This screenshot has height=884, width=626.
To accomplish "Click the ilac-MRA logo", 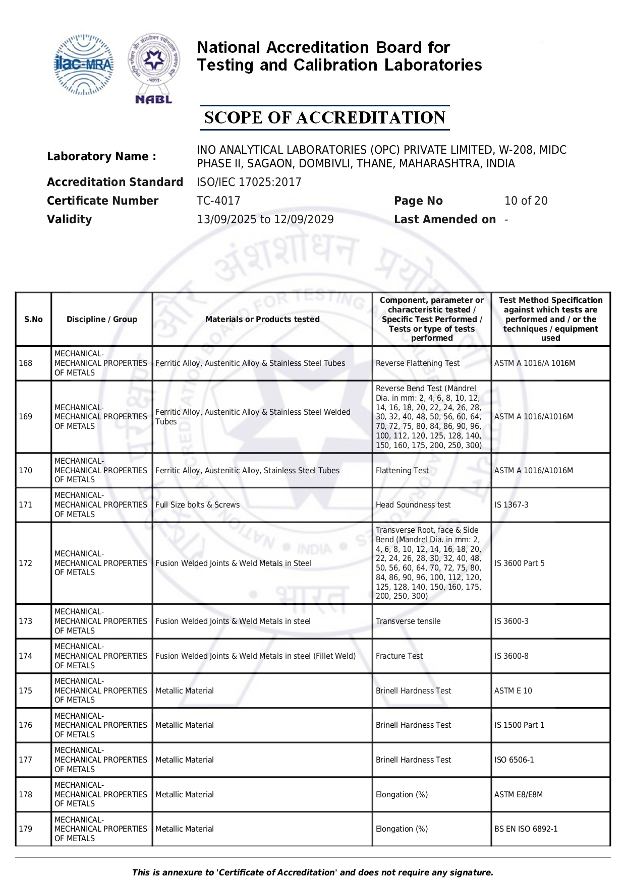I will (83, 65).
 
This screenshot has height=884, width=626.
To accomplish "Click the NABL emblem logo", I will (154, 68).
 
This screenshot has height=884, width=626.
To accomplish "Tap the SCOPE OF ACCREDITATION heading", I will (324, 118).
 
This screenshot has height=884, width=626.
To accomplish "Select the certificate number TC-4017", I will (218, 201).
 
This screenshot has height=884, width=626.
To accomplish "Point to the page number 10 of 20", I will (526, 201).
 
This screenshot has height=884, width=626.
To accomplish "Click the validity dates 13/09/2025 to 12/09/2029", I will (265, 219).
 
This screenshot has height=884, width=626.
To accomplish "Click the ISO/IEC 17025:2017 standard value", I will (249, 182).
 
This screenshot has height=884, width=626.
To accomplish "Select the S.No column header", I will (33, 319).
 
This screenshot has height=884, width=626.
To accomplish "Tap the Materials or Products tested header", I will (262, 319).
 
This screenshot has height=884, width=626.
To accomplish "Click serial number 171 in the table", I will (25, 504).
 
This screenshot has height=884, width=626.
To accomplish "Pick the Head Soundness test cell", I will (413, 504).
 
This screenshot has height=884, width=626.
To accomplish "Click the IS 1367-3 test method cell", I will (511, 504).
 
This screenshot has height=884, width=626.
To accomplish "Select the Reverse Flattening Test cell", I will (418, 363).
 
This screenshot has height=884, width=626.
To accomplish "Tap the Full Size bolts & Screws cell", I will (198, 504).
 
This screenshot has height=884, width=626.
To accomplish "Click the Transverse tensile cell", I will (408, 621).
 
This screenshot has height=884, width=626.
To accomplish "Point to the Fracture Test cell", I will (399, 656).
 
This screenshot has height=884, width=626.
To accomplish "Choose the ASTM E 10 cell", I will (513, 690).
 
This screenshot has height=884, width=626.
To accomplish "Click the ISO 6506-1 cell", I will (514, 760).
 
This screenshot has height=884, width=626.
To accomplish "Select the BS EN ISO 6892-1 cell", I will (526, 829).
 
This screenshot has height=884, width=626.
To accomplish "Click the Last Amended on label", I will (444, 219).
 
